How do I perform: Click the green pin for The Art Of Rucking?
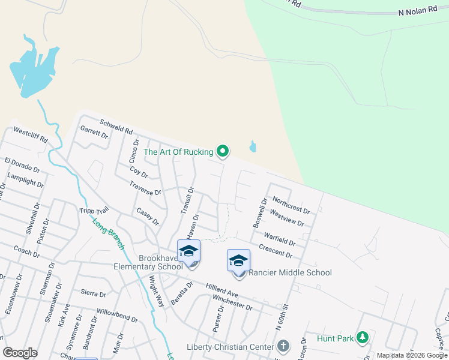click(223, 151)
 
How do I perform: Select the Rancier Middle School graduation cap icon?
click(238, 261)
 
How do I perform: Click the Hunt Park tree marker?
click(362, 338)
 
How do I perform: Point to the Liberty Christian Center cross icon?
click(283, 346)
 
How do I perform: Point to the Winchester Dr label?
click(232, 302)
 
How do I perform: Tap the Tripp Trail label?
click(94, 211)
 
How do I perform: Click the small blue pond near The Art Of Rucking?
click(253, 146)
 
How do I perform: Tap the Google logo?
click(20, 353)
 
